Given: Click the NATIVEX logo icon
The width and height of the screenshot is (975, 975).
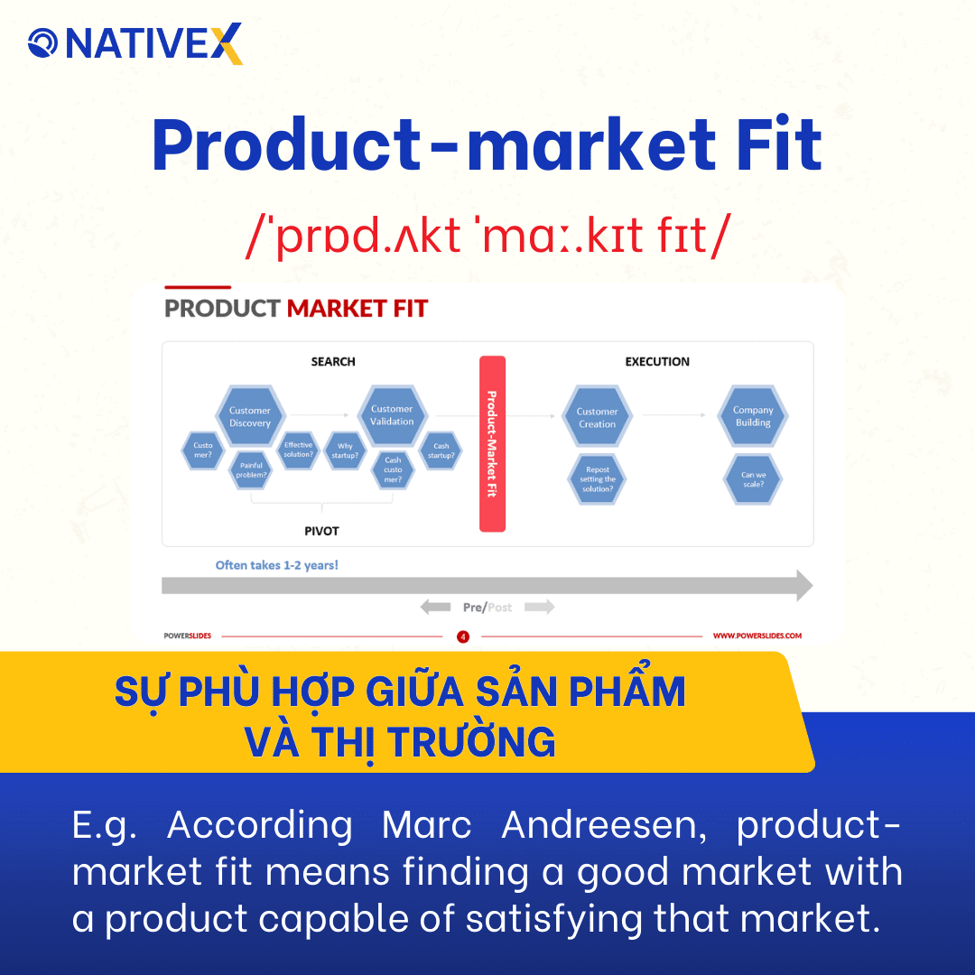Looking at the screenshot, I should pyautogui.click(x=42, y=43).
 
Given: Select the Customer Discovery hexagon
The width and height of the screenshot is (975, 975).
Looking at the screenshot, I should pyautogui.click(x=250, y=416).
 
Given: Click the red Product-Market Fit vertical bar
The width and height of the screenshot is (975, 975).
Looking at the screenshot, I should pyautogui.click(x=492, y=443).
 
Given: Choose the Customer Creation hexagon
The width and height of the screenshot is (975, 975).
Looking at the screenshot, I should pyautogui.click(x=597, y=417).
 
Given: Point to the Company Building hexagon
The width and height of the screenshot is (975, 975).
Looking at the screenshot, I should pyautogui.click(x=753, y=416).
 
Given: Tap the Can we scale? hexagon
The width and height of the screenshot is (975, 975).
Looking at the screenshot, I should pyautogui.click(x=753, y=479).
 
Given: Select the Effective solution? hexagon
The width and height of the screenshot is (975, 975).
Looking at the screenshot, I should pyautogui.click(x=298, y=450).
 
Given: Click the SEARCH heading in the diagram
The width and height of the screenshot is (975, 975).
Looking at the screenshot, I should pyautogui.click(x=333, y=361).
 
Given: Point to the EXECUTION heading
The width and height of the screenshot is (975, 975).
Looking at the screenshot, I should pyautogui.click(x=657, y=361).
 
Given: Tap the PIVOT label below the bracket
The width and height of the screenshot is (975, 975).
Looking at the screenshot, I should pyautogui.click(x=321, y=531).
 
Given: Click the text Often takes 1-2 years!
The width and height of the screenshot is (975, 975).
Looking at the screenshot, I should pyautogui.click(x=277, y=565).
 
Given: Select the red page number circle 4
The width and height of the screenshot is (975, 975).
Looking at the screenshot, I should pyautogui.click(x=463, y=636).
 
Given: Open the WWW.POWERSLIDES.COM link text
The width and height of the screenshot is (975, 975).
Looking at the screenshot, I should pyautogui.click(x=757, y=636).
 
